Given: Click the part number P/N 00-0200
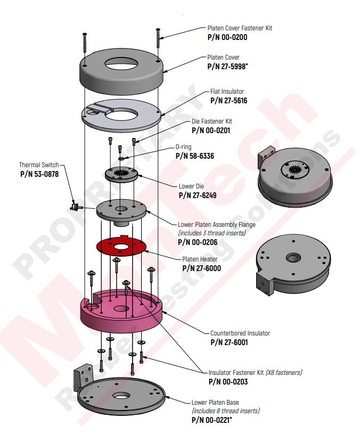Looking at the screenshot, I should click(227, 37).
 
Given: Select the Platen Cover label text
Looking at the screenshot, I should click(223, 58).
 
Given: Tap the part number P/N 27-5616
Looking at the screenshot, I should click(228, 100).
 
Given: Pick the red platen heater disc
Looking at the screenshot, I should click(122, 246).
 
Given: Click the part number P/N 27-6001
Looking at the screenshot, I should click(229, 342).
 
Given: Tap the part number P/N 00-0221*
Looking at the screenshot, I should click(211, 420).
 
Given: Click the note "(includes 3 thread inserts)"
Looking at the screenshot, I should click(212, 233).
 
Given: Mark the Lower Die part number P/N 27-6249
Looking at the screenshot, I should click(197, 195).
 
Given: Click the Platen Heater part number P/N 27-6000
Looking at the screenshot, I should click(201, 268).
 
